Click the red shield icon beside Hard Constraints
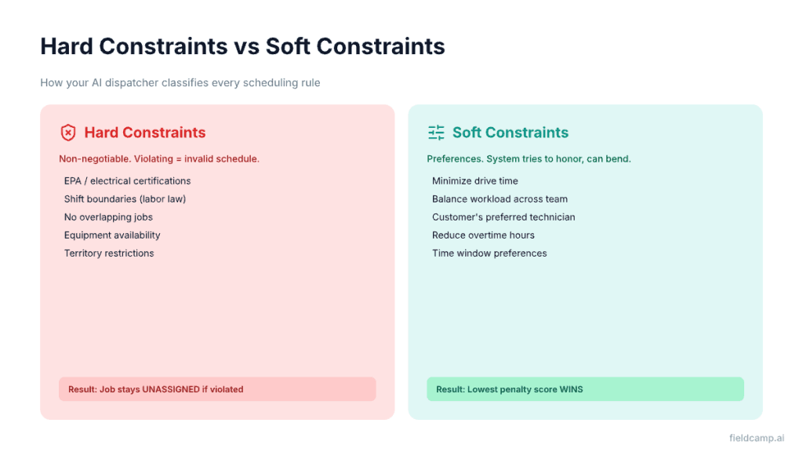[68, 133]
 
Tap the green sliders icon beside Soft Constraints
[436, 133]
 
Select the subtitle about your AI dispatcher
[180, 82]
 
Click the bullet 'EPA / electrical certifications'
[127, 181]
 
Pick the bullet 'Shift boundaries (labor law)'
[125, 199]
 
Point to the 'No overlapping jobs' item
[108, 217]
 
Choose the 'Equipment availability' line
[112, 235]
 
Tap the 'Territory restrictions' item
[109, 253]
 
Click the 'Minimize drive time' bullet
[474, 181]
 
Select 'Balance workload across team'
[500, 199]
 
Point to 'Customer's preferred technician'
[503, 217]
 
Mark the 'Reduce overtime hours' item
[483, 235]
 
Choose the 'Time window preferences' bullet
[489, 253]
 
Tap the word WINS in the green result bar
[571, 389]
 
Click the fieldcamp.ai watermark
[755, 439]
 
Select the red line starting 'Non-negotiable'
[158, 159]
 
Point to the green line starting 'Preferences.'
[529, 159]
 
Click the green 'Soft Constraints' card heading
[511, 133]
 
